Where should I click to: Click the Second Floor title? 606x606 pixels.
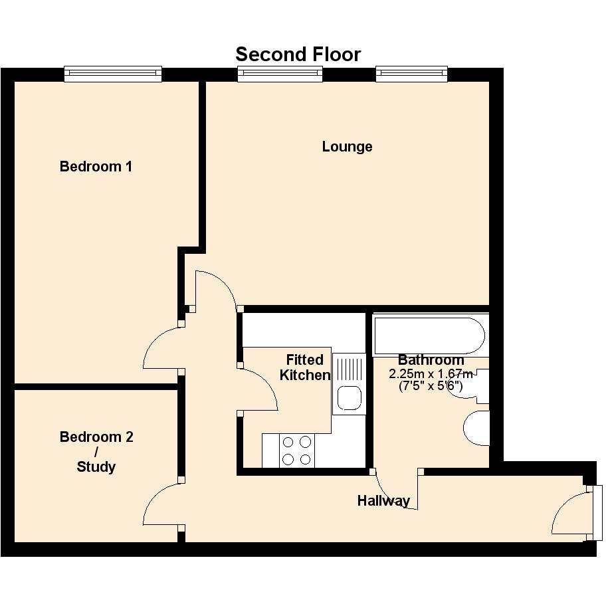pyautogui.click(x=298, y=54)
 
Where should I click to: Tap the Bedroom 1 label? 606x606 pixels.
pyautogui.click(x=96, y=167)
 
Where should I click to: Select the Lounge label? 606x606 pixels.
pyautogui.click(x=347, y=147)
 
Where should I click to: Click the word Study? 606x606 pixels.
pyautogui.click(x=96, y=467)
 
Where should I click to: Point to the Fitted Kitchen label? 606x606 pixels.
pyautogui.click(x=305, y=367)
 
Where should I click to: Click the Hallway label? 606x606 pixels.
pyautogui.click(x=383, y=501)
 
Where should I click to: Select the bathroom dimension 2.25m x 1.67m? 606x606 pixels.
pyautogui.click(x=431, y=374)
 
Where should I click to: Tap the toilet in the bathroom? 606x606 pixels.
pyautogui.click(x=476, y=428)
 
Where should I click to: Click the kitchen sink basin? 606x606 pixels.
pyautogui.click(x=350, y=398)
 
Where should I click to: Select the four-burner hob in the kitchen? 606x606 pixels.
pyautogui.click(x=297, y=451)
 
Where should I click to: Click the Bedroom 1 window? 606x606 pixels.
pyautogui.click(x=113, y=74)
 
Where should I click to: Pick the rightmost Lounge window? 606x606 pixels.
pyautogui.click(x=411, y=74)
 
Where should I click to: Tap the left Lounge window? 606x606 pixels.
pyautogui.click(x=280, y=74)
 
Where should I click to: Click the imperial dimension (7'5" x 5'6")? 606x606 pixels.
pyautogui.click(x=431, y=385)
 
